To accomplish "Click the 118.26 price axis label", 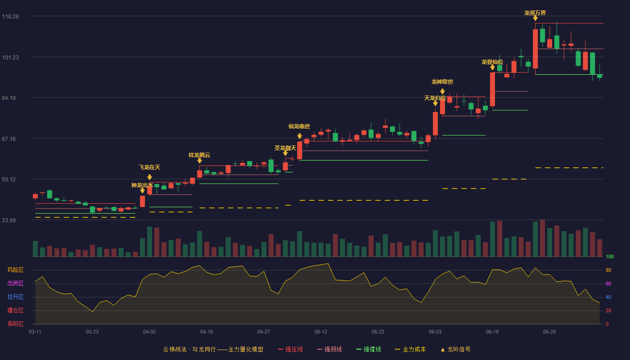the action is click(10, 17).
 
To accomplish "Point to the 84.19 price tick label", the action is click(9, 98).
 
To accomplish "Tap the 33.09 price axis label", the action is click(9, 220).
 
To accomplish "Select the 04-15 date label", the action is click(207, 332).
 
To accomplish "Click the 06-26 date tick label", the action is click(549, 332).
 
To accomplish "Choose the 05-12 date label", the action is click(320, 332).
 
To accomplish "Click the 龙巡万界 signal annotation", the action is click(535, 13).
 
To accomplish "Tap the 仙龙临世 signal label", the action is click(299, 126).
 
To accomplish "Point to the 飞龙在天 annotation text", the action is click(149, 167).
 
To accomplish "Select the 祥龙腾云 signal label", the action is click(199, 155).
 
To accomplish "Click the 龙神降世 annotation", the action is click(442, 82).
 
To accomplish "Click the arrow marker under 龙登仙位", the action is click(492, 67).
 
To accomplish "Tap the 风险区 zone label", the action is click(15, 270).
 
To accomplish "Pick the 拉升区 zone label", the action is click(15, 297).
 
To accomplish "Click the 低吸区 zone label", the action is click(15, 324).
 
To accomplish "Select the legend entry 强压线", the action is click(290, 350).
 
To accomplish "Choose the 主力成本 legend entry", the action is click(410, 350).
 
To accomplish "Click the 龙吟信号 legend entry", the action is click(455, 350).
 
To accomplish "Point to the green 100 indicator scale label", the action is click(610, 257).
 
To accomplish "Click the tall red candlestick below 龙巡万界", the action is click(535, 49).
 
